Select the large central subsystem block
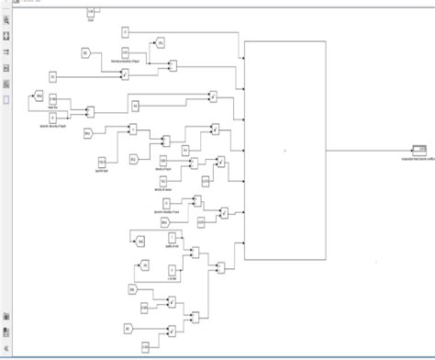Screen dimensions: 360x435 point(284,152)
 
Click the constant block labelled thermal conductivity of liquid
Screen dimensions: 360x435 point(126,53)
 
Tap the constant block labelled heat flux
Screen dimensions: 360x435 point(53,98)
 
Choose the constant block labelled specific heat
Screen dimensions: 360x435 point(102,163)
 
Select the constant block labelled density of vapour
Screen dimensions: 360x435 point(164,182)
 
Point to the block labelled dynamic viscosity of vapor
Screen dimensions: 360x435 point(166,204)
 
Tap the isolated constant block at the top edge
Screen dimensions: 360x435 point(91,11)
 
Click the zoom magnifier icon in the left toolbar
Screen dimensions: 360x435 point(7,20)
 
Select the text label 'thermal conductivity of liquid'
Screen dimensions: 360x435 point(127,61)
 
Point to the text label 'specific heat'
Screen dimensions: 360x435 point(102,171)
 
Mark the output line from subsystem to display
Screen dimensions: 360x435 point(367,148)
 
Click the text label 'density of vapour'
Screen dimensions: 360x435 point(163,189)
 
